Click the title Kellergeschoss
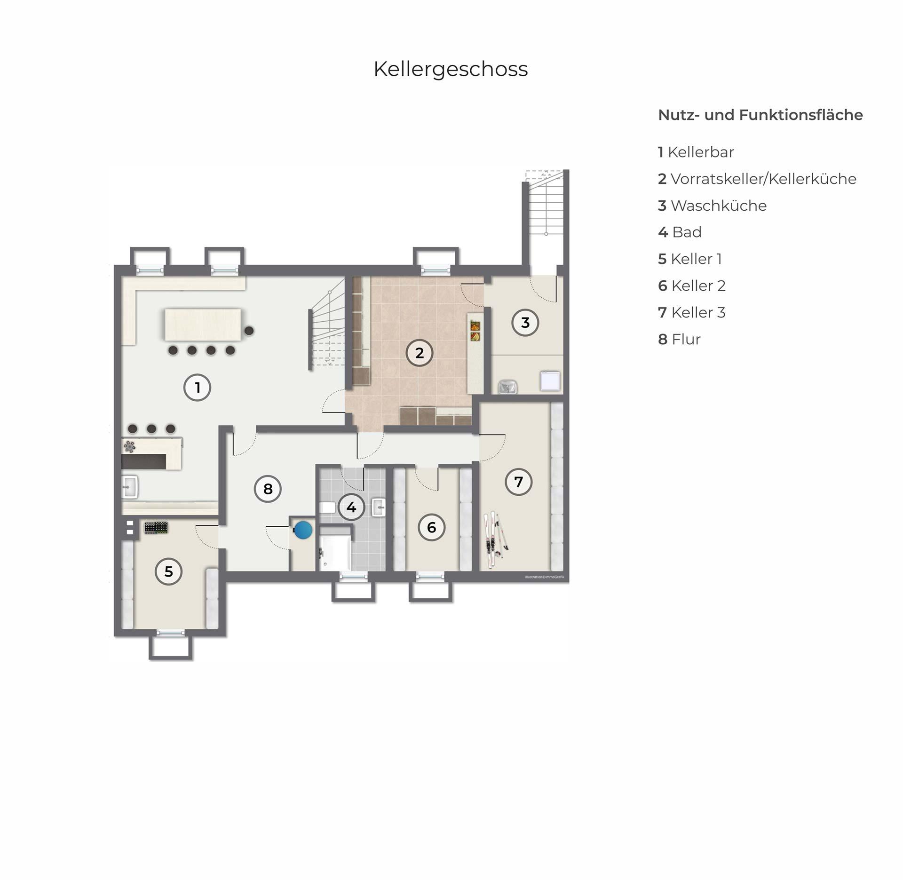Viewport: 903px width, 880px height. [x=451, y=69]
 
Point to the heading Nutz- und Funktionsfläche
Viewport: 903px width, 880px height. [x=760, y=115]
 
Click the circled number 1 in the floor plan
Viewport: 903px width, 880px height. [x=197, y=388]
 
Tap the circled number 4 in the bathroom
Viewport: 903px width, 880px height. [x=351, y=507]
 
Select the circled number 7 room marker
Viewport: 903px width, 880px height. [x=518, y=482]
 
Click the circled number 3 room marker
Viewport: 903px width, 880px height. [x=525, y=322]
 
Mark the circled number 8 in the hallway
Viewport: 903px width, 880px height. [x=268, y=489]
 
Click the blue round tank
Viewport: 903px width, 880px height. [x=303, y=530]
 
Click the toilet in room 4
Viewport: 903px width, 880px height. [x=327, y=507]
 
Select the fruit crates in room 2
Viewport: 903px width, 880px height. [x=475, y=331]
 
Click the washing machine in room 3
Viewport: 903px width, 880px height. [x=550, y=381]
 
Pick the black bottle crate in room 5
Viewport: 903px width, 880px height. [x=156, y=528]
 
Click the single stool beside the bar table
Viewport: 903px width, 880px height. [x=249, y=331]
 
